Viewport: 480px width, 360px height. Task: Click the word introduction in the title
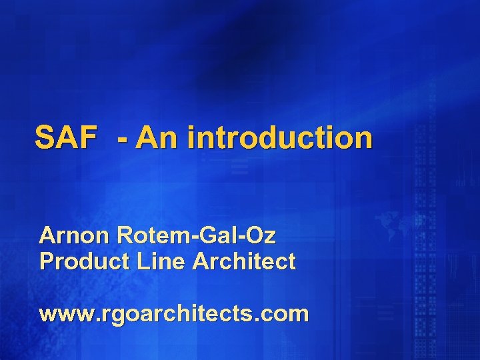click(280, 138)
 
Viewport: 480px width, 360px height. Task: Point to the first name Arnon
click(75, 235)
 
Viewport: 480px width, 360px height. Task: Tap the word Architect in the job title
click(243, 261)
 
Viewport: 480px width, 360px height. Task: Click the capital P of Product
click(46, 261)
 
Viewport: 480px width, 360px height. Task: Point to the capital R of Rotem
click(123, 235)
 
